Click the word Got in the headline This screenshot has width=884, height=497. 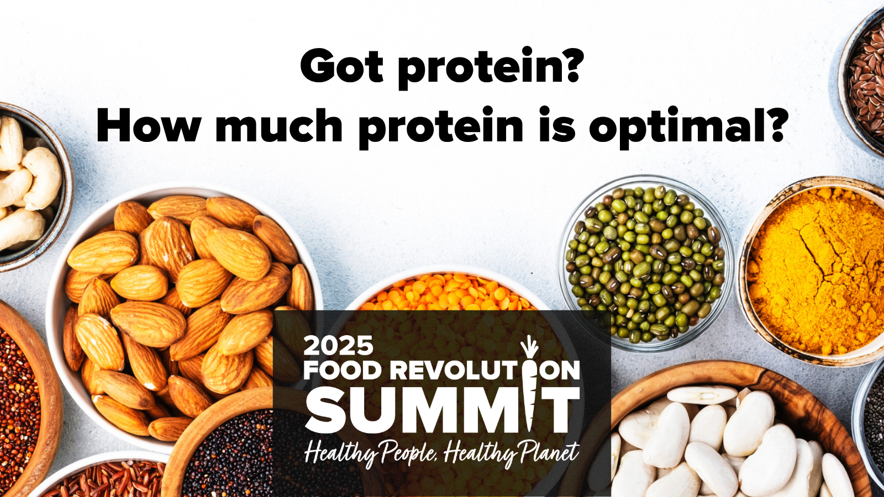pyautogui.click(x=342, y=66)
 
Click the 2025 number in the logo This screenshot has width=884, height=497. pyautogui.click(x=338, y=345)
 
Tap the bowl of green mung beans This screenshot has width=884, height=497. pyautogui.click(x=646, y=263)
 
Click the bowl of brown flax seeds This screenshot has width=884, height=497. pyautogui.click(x=864, y=81)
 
